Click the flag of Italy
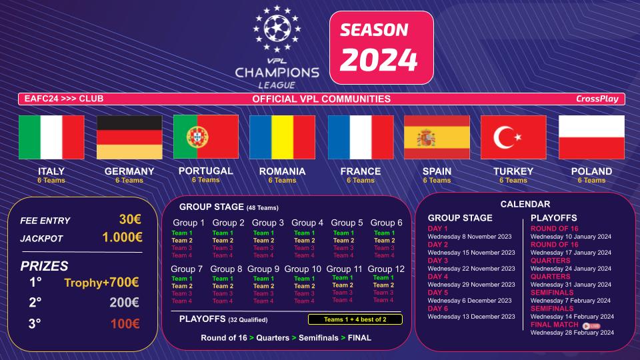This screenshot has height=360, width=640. click(51, 137)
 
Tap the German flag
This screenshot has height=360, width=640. click(129, 137)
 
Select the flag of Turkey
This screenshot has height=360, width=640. click(513, 137)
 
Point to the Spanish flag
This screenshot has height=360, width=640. click(437, 137)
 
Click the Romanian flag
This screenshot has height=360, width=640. click(282, 137)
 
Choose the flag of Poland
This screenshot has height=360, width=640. click(591, 137)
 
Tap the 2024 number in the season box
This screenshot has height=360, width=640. click(379, 60)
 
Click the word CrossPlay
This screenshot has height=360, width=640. click(597, 99)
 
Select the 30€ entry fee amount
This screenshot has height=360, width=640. click(130, 220)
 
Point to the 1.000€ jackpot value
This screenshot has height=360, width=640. click(122, 237)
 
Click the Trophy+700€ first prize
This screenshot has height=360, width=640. click(101, 283)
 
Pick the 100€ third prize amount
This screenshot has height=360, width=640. click(125, 324)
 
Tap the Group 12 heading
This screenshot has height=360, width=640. click(385, 269)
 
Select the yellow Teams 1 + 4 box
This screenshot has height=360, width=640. click(346, 319)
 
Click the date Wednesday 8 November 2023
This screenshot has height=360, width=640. click(471, 236)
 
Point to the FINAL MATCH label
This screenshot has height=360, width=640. click(555, 325)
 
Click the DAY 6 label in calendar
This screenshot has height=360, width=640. click(438, 309)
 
